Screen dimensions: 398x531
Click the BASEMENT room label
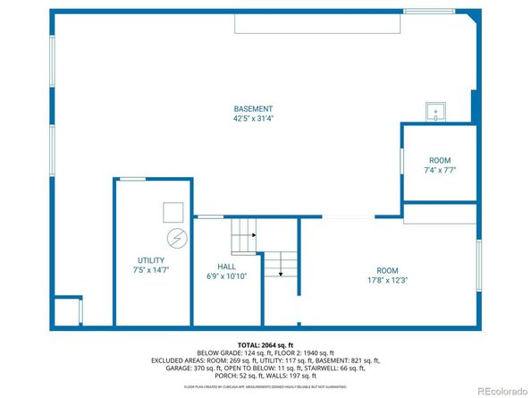click(253, 109)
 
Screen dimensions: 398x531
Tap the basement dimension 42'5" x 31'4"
click(253, 118)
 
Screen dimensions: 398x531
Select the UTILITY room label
click(150, 260)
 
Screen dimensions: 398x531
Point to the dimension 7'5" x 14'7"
click(150, 269)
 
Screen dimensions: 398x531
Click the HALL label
click(226, 267)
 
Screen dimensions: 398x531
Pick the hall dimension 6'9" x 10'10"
click(226, 275)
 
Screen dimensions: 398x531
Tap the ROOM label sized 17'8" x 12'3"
click(386, 270)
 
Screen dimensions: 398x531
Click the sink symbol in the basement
click(436, 111)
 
